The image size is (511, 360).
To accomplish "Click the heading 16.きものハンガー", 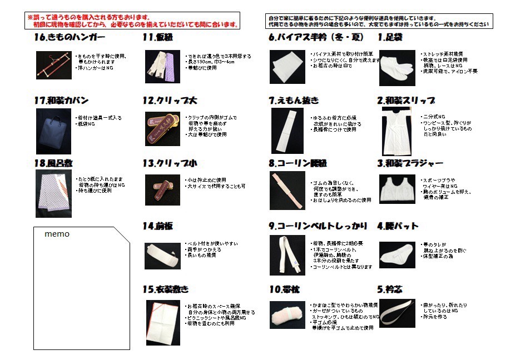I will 69,38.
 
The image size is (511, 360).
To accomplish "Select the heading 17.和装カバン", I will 61,101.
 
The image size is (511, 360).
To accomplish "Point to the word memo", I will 57,234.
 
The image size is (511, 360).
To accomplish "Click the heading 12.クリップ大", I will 170,101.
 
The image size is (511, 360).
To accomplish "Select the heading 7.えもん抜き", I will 293,101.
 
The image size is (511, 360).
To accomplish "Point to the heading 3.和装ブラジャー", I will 410,163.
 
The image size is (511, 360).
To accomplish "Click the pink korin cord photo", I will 287,191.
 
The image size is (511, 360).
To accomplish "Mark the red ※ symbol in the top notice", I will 31,18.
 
